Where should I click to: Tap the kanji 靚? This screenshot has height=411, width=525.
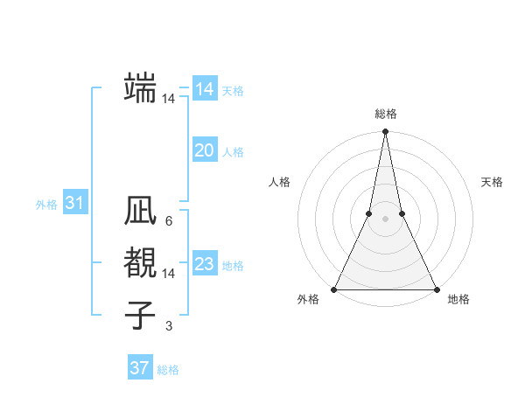(141, 262)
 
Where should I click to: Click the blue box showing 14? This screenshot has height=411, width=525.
(205, 89)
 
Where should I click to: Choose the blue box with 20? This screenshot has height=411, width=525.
(205, 150)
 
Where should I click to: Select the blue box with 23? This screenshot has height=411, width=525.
(205, 264)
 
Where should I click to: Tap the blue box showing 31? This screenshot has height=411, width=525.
(75, 204)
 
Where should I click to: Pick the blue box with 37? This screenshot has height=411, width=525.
(140, 368)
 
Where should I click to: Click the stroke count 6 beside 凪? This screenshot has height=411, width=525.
(168, 221)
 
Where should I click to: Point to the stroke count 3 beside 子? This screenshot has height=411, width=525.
(168, 326)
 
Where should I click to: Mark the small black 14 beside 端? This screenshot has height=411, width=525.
(168, 99)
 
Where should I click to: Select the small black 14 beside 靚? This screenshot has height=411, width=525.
(168, 274)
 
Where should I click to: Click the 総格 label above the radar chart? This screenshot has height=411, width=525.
(386, 114)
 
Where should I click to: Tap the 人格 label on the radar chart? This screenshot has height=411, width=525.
(280, 182)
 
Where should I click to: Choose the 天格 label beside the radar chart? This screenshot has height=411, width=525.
(492, 182)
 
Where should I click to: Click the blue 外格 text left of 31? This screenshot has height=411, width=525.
(46, 205)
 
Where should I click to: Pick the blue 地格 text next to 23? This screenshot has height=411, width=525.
(234, 266)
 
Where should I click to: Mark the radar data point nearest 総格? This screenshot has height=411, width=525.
(385, 132)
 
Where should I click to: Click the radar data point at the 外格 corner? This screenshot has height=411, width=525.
(335, 289)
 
